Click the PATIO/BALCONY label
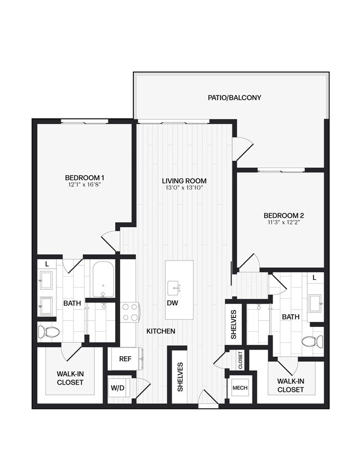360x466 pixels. [x=234, y=98]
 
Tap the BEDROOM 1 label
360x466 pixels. [x=85, y=178]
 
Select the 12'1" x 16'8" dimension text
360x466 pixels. [x=85, y=186]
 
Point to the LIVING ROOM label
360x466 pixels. [x=184, y=181]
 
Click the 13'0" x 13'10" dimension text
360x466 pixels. [x=184, y=188]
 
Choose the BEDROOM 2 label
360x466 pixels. [x=284, y=216]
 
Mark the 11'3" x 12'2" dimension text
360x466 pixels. [x=284, y=223]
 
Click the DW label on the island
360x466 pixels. [x=172, y=303]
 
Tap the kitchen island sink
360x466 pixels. [x=174, y=288]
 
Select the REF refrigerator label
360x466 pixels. [x=126, y=359]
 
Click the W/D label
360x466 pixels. [x=117, y=388]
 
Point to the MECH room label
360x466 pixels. [x=240, y=387]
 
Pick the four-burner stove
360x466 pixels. [x=129, y=311]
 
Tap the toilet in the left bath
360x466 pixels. [x=48, y=332]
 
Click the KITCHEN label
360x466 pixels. [x=161, y=331]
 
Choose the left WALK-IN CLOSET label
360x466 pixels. [x=70, y=378]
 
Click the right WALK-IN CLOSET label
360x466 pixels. [x=291, y=385]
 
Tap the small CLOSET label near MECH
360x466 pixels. [x=240, y=360]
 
